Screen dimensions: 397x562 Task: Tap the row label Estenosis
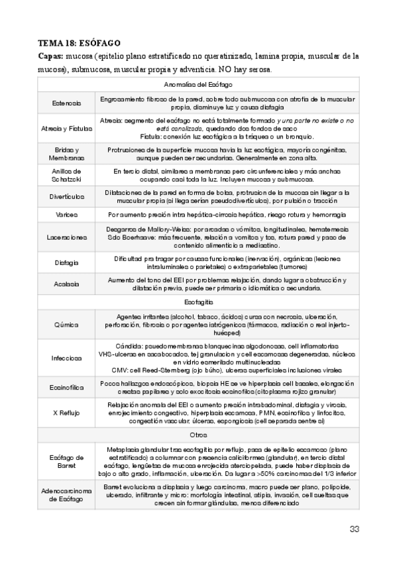[67, 103]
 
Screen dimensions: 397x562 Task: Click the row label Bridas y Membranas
[67, 154]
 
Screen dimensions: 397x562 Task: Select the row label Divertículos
[67, 197]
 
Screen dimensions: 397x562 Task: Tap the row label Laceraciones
[67, 237]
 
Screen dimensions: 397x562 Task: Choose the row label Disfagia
[67, 262]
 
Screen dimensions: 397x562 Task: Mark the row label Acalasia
[67, 284]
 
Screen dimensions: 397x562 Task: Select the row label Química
[67, 324]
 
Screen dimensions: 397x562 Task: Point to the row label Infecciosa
[67, 359]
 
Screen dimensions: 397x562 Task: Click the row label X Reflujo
[67, 413]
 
